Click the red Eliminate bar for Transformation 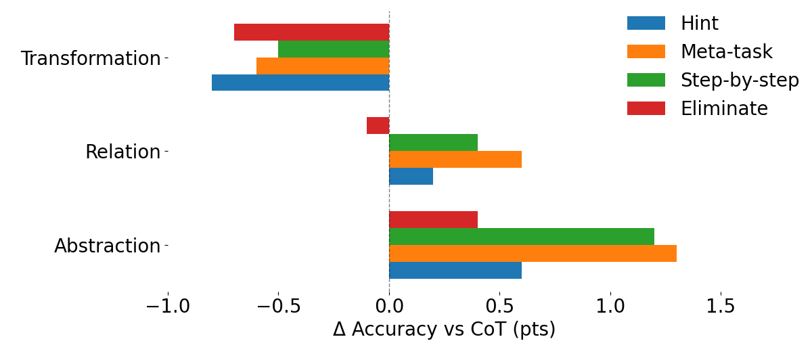click(x=311, y=32)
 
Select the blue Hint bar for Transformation click(x=300, y=83)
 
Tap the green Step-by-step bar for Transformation click(x=334, y=49)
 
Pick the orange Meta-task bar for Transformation click(x=323, y=66)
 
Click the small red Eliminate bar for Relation click(x=378, y=125)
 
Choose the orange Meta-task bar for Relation click(x=455, y=159)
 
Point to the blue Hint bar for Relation click(x=411, y=176)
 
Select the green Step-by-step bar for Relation click(x=433, y=142)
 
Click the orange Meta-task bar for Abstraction click(x=533, y=253)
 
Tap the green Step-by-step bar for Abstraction click(x=522, y=236)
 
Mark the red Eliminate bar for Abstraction click(x=433, y=219)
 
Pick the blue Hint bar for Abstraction click(x=455, y=270)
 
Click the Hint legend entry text click(x=699, y=24)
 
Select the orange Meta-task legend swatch click(x=646, y=52)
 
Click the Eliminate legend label click(x=724, y=109)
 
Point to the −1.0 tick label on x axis click(x=168, y=307)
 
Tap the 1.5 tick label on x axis click(x=720, y=307)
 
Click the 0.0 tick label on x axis click(x=389, y=307)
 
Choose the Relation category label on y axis click(x=122, y=152)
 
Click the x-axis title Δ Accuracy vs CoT click(x=444, y=330)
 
